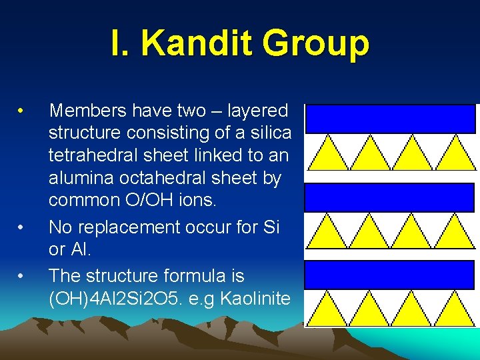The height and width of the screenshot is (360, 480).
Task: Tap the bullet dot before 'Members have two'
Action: [x=22, y=109]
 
